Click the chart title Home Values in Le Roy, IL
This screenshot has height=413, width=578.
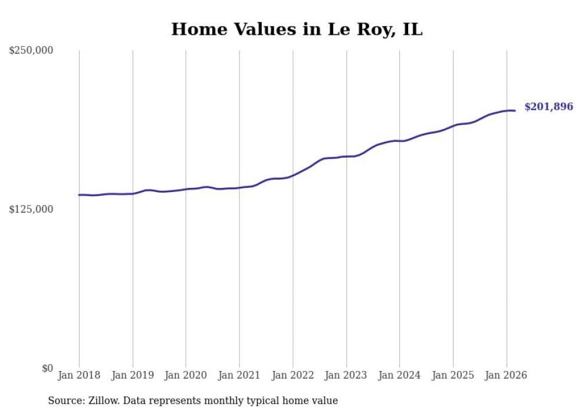(297, 29)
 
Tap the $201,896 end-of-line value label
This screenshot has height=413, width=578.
(549, 107)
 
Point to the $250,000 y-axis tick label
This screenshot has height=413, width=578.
(31, 51)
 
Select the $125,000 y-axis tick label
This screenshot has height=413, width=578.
(31, 209)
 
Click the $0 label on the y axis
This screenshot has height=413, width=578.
(47, 368)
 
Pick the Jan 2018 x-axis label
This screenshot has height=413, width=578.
(79, 375)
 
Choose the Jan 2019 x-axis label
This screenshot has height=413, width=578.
(133, 375)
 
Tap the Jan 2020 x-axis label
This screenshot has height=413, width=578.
(186, 375)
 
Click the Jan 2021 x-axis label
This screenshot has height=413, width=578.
(239, 375)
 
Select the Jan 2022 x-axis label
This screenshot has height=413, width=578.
(293, 375)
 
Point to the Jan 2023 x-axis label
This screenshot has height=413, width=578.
(346, 375)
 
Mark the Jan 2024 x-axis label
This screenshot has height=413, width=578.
(399, 375)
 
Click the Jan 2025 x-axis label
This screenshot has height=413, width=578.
(453, 375)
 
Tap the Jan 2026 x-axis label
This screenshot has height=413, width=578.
(506, 375)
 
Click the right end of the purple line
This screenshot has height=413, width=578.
(515, 110)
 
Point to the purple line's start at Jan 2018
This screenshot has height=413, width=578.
(79, 195)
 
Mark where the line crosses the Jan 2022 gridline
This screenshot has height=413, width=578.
(293, 175)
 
